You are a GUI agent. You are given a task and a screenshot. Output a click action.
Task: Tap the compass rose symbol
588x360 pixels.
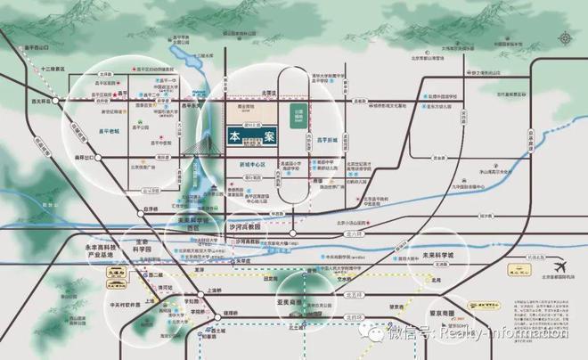click(x=568, y=40)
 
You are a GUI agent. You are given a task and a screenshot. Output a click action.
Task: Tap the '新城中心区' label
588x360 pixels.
click(x=254, y=166)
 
